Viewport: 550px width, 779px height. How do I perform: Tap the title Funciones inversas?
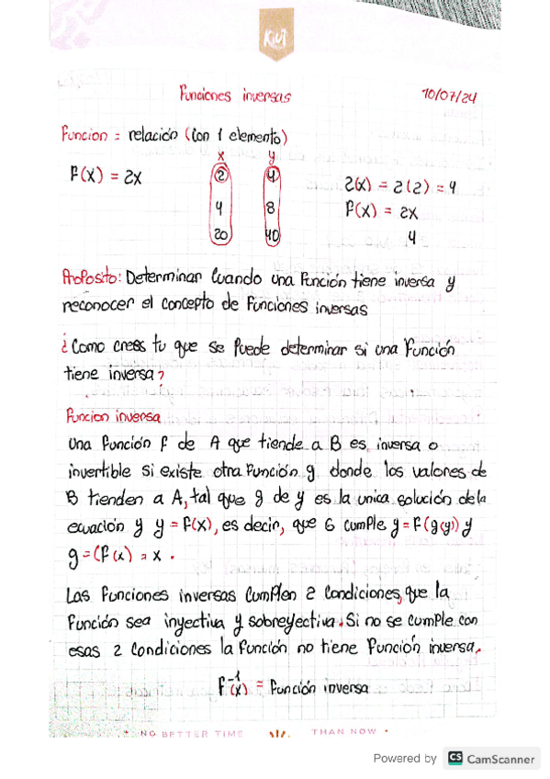(x=235, y=94)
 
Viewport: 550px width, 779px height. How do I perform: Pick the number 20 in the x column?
(x=221, y=235)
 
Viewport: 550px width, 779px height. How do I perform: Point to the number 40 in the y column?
(x=272, y=236)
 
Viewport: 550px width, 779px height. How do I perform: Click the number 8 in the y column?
(x=270, y=208)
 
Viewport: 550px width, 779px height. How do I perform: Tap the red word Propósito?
(x=91, y=276)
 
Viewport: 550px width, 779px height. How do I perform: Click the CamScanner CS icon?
(x=455, y=759)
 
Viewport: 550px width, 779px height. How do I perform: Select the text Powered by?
(x=405, y=759)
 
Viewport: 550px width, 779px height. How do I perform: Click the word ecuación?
(x=95, y=527)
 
